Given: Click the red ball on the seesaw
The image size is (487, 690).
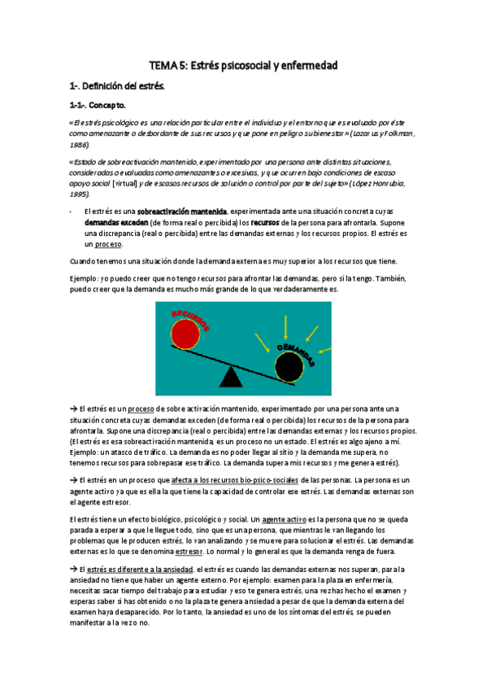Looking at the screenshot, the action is point(184,334).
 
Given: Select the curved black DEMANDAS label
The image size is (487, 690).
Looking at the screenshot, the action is point(295,356).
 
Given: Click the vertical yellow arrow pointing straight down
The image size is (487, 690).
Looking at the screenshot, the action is point(285,327).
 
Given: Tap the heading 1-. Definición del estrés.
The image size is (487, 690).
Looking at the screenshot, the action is point(116,85).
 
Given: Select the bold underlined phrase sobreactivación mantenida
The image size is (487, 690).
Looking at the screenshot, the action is point(184,211).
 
